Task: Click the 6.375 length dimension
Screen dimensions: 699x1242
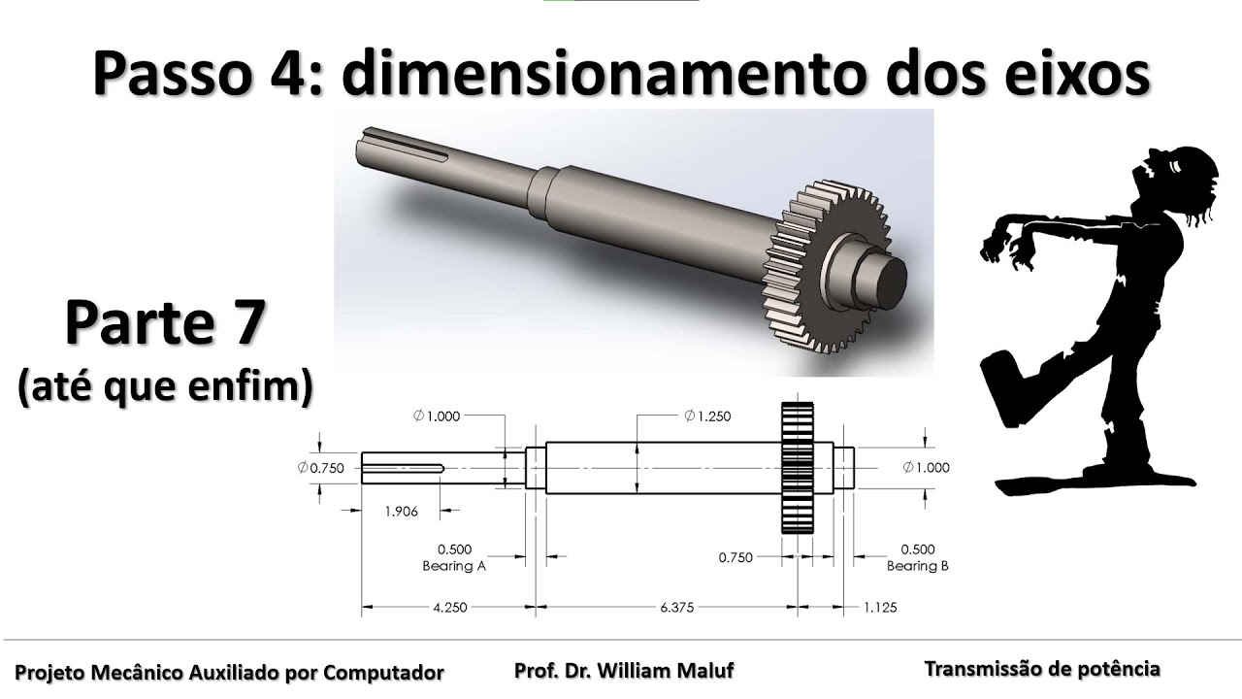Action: click(x=678, y=608)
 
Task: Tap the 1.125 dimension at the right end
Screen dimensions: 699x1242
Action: click(x=879, y=608)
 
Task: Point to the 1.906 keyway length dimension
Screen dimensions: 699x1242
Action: click(x=400, y=512)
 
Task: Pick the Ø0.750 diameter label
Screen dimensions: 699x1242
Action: click(x=322, y=468)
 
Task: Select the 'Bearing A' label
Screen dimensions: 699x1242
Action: click(x=454, y=566)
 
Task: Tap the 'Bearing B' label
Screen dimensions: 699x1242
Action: click(x=918, y=566)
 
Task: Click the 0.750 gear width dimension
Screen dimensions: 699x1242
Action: click(x=735, y=558)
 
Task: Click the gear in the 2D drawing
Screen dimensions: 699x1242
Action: click(x=797, y=468)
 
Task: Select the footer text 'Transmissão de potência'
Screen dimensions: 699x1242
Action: click(x=1042, y=669)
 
